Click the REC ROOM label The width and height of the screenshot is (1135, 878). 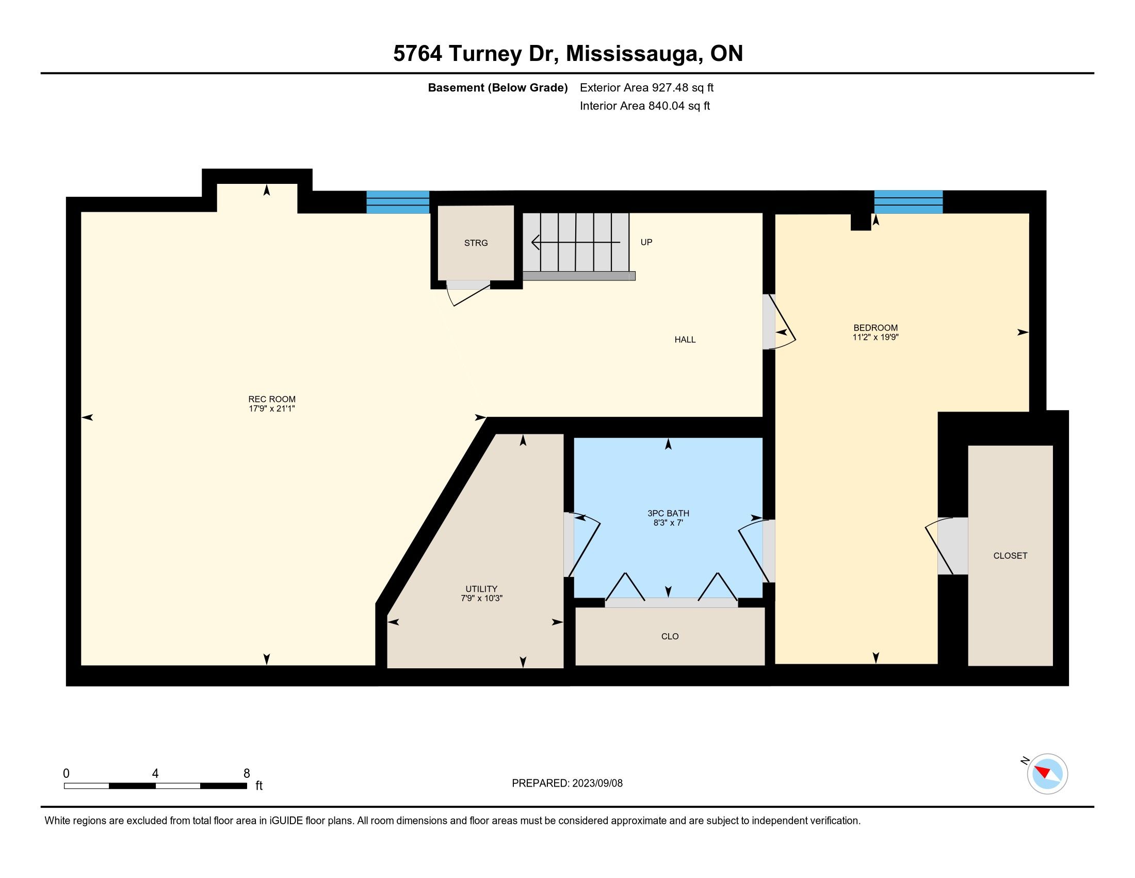[x=272, y=399]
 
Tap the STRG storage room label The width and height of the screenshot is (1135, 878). [x=476, y=243]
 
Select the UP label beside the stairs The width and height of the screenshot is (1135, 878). [x=646, y=242]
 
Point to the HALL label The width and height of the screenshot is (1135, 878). [x=685, y=340]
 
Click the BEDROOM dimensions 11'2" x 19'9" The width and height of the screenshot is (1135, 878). [x=875, y=337]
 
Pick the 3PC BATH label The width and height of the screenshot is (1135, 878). [x=668, y=513]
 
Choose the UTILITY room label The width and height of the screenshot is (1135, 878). [x=482, y=589]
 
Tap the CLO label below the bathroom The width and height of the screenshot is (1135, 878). [x=670, y=636]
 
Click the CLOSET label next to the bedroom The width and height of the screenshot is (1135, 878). [x=1010, y=556]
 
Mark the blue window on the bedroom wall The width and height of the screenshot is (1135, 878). [x=909, y=202]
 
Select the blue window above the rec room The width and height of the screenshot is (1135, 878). [x=398, y=202]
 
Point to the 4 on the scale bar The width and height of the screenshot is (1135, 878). [x=155, y=774]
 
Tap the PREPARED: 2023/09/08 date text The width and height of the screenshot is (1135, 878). [x=567, y=783]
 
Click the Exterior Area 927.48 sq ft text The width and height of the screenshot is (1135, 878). [x=647, y=88]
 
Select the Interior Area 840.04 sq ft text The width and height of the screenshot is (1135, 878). [x=645, y=106]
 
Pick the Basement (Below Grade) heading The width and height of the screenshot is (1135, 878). [x=497, y=88]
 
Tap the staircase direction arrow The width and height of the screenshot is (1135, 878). [x=575, y=242]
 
